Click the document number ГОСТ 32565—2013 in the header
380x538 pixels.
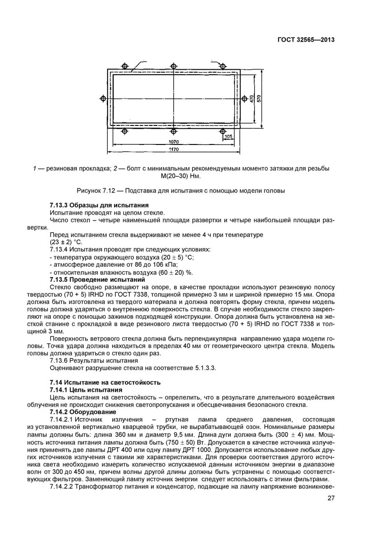click(306, 40)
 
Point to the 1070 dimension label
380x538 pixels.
click(173, 141)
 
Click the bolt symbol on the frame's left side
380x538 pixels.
click(103, 98)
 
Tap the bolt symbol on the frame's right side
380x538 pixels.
click(244, 98)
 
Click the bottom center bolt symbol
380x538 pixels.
click(173, 132)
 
